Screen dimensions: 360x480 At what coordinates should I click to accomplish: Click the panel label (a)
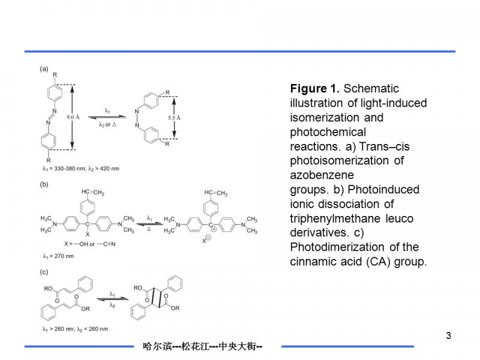pyautogui.click(x=44, y=69)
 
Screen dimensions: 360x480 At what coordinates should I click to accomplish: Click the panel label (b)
pyautogui.click(x=44, y=185)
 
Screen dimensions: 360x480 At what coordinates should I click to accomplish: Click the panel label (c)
pyautogui.click(x=44, y=272)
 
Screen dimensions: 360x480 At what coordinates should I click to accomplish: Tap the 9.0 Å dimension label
pyautogui.click(x=73, y=118)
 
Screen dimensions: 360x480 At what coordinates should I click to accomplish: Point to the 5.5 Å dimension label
pyautogui.click(x=175, y=118)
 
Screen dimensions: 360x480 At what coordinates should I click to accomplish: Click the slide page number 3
pyautogui.click(x=448, y=335)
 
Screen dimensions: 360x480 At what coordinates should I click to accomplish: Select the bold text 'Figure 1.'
pyautogui.click(x=315, y=89)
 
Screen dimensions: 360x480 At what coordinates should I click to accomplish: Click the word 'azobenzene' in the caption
pyautogui.click(x=322, y=175)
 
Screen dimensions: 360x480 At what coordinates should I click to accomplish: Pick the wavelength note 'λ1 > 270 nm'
pyautogui.click(x=59, y=256)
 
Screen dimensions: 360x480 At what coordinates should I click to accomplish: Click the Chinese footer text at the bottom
pyautogui.click(x=203, y=346)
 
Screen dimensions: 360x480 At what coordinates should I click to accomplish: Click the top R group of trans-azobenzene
pyautogui.click(x=55, y=74)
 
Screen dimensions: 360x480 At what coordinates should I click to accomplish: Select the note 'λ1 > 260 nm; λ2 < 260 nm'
pyautogui.click(x=76, y=329)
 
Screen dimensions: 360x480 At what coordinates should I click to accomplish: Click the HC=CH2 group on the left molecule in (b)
pyautogui.click(x=92, y=193)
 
